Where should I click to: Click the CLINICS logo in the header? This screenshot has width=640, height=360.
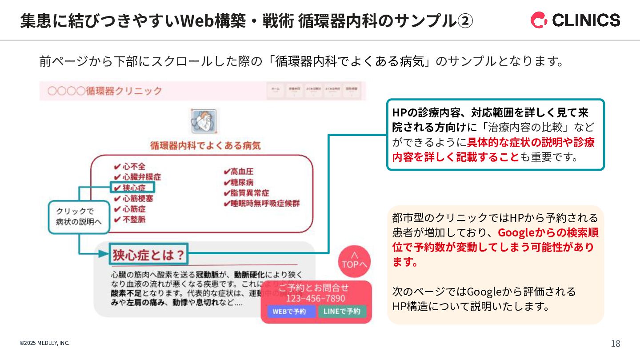(x=575, y=20)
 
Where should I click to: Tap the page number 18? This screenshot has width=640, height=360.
(x=616, y=344)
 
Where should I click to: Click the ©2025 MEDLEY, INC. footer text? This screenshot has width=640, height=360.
(x=44, y=343)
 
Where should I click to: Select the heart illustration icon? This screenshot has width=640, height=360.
(x=204, y=121)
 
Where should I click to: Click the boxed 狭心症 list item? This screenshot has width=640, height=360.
(x=132, y=188)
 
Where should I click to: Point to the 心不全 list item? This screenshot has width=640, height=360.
(x=130, y=167)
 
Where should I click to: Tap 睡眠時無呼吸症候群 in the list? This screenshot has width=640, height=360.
(x=262, y=204)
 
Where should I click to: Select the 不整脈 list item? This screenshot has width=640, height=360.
(x=130, y=220)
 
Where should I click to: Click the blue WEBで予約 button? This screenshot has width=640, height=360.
(x=291, y=311)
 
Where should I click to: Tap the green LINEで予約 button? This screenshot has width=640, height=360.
(x=342, y=311)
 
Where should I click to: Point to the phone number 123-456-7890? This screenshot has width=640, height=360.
(x=316, y=298)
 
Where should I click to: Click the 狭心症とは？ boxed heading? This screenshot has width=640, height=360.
(x=148, y=255)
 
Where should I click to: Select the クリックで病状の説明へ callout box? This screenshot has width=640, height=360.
(x=79, y=217)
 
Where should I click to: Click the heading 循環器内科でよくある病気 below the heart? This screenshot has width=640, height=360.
(x=205, y=145)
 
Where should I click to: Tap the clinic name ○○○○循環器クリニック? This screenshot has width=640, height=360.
(x=105, y=91)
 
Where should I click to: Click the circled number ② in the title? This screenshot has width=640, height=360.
(x=465, y=21)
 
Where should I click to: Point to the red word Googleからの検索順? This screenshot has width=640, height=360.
(x=548, y=232)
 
